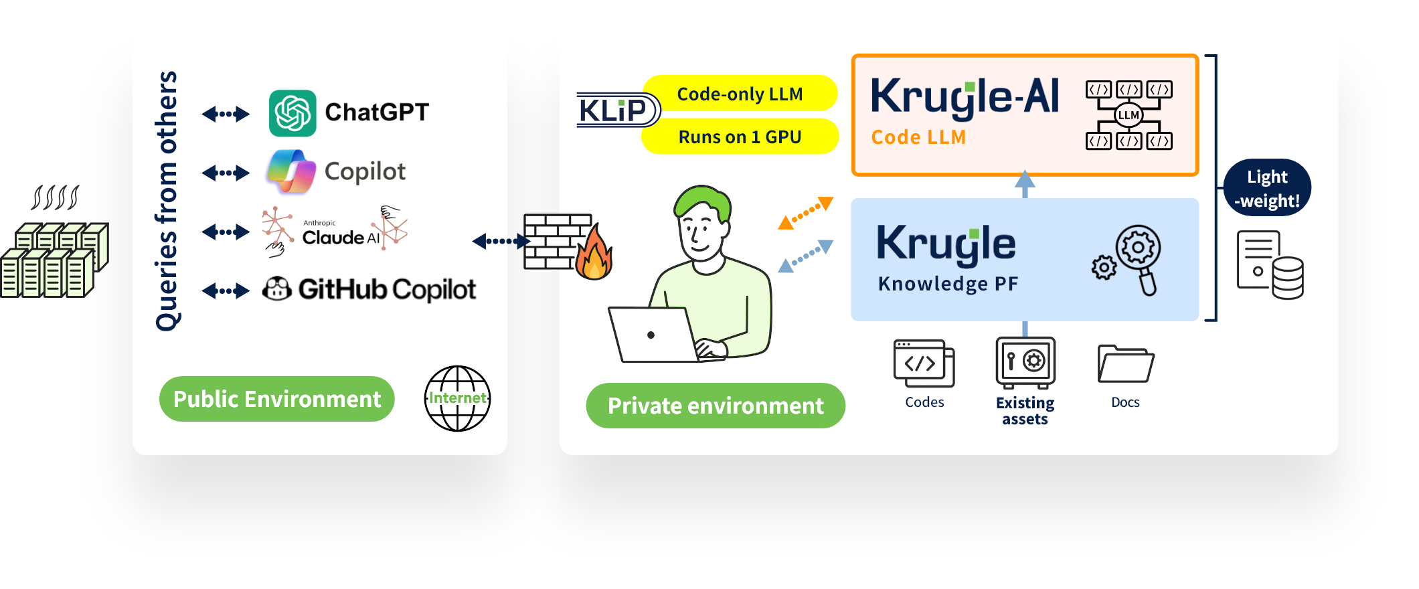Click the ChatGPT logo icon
tap(293, 113)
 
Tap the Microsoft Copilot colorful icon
tap(291, 171)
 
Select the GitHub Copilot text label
tap(387, 289)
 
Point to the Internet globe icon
tap(458, 398)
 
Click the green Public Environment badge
tap(276, 399)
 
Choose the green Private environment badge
tap(715, 406)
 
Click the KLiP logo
tap(614, 110)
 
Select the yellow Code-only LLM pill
tap(740, 94)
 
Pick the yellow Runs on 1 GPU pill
tap(740, 137)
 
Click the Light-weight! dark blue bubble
tap(1266, 188)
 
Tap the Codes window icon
tap(924, 363)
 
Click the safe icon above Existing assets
tap(1025, 362)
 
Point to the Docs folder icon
tap(1125, 363)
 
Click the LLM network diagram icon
tap(1129, 115)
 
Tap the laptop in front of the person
tap(653, 335)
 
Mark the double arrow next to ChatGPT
tap(226, 114)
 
